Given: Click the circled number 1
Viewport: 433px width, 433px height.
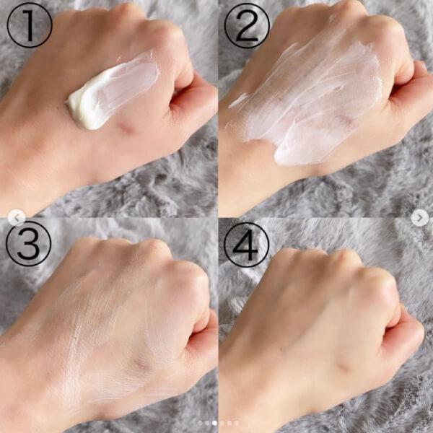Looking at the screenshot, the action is click(x=30, y=25).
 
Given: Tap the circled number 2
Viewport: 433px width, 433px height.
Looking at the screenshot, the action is click(x=247, y=26).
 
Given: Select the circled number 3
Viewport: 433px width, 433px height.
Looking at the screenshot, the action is click(x=28, y=244).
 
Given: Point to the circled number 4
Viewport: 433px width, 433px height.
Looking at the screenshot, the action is click(x=246, y=245).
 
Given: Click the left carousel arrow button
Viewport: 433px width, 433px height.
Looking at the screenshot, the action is click(x=17, y=218).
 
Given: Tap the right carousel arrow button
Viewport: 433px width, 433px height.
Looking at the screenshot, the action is click(x=420, y=218).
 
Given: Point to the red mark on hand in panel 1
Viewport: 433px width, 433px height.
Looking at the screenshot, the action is click(x=125, y=128).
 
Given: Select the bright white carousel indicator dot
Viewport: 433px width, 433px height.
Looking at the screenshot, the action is click(x=214, y=423).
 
